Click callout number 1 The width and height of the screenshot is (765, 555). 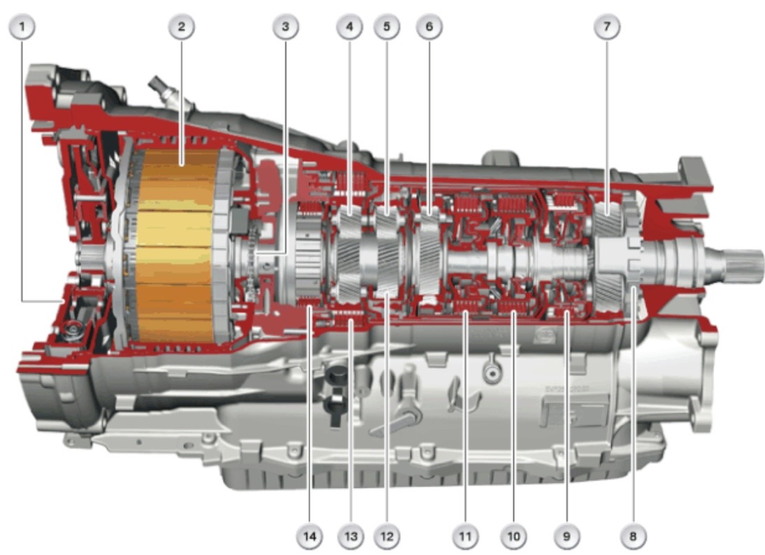click(x=22, y=27)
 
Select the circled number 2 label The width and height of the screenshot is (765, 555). click(x=182, y=27)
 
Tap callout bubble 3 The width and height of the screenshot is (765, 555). click(x=285, y=27)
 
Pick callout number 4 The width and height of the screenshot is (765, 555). click(x=350, y=27)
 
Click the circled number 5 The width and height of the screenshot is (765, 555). click(x=387, y=27)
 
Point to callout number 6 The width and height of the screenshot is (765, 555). click(x=429, y=27)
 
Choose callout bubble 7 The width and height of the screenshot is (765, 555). click(x=607, y=27)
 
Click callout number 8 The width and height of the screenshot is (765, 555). click(x=633, y=536)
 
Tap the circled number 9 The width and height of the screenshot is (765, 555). click(x=566, y=536)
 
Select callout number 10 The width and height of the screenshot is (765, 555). click(x=514, y=536)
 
